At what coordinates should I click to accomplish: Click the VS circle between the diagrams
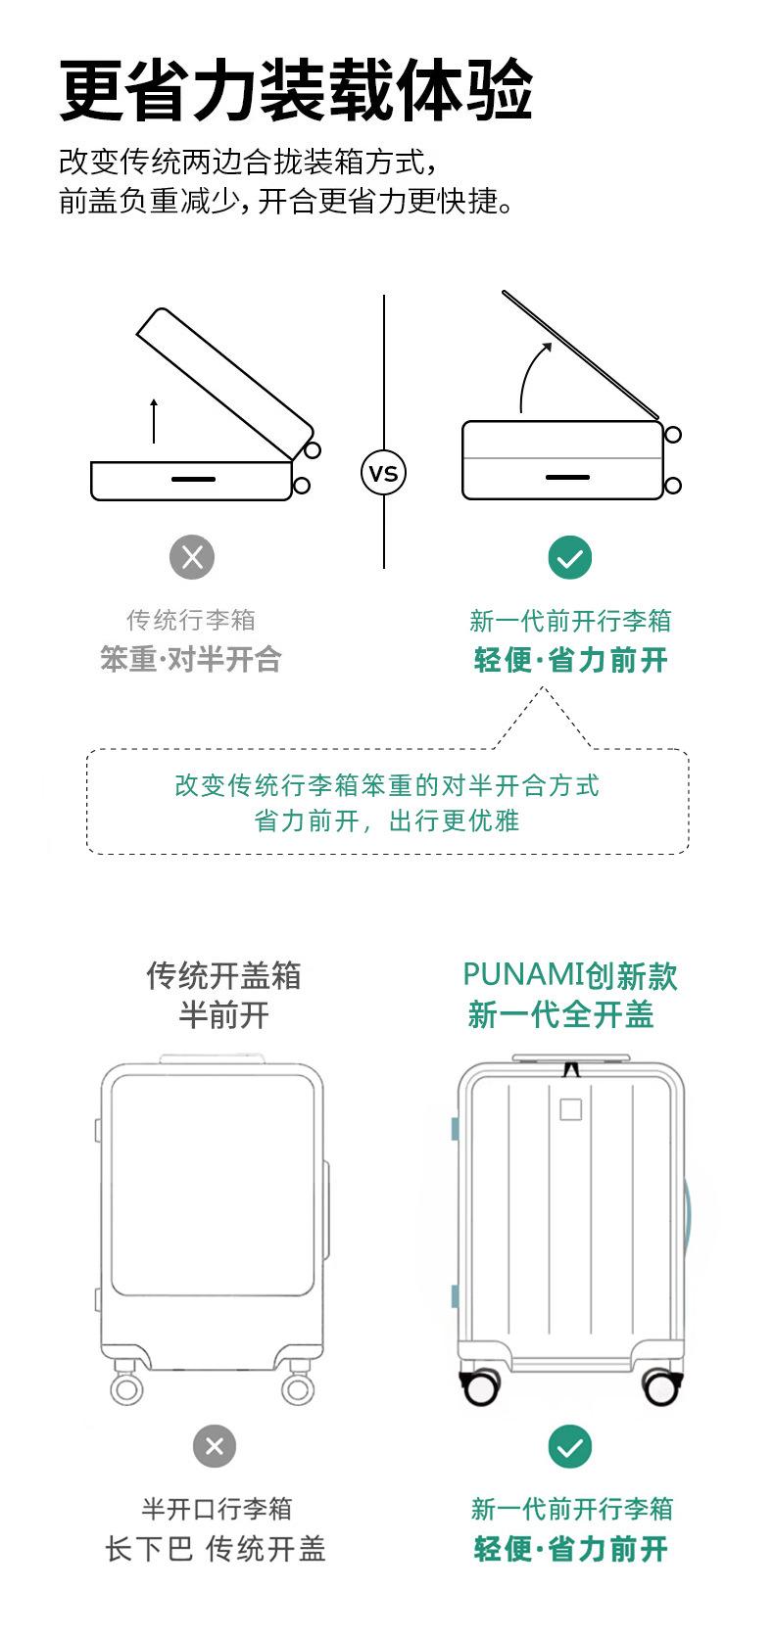[384, 473]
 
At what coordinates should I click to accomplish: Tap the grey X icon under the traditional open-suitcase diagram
[192, 557]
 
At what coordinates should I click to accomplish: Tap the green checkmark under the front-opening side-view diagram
[570, 558]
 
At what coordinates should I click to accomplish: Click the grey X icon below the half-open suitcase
[215, 1446]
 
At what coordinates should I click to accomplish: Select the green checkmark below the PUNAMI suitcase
[570, 1446]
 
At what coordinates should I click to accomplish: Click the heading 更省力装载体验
[296, 90]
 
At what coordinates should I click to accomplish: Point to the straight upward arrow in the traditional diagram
[154, 421]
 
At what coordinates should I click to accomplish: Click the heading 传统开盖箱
[223, 975]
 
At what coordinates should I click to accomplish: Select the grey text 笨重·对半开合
[191, 660]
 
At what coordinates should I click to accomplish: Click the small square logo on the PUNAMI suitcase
[571, 1109]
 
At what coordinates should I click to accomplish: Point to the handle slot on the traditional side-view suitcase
[193, 479]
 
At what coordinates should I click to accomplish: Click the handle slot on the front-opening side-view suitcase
[567, 477]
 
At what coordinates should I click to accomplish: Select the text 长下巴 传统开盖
[216, 1549]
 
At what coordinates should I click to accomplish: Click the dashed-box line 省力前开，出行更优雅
[387, 820]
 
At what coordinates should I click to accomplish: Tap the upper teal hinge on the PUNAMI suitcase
[456, 1129]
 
